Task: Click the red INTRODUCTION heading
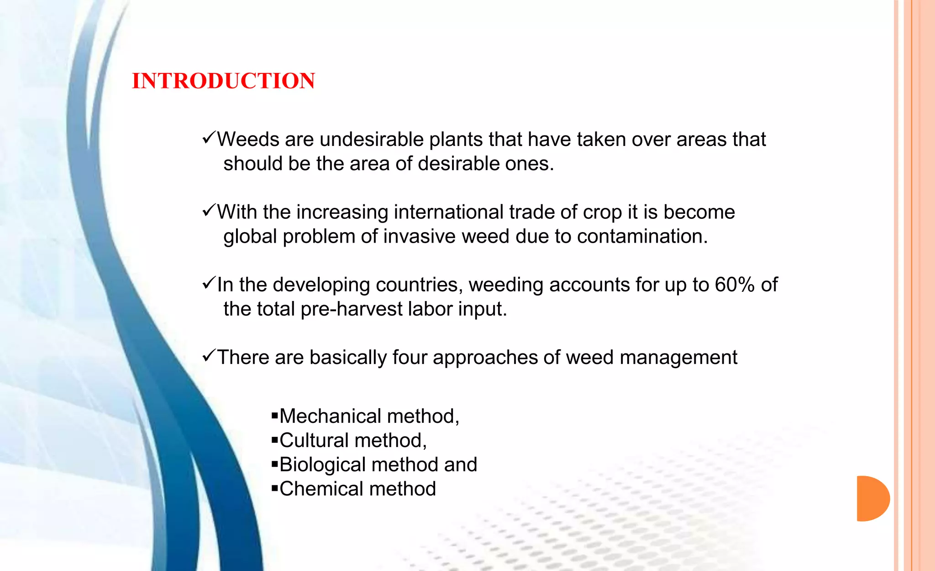[x=223, y=81]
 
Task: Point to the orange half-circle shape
[x=872, y=498]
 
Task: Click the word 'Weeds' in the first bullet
[x=248, y=139]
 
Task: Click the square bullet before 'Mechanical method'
[x=274, y=415]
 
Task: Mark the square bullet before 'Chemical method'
[x=274, y=488]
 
